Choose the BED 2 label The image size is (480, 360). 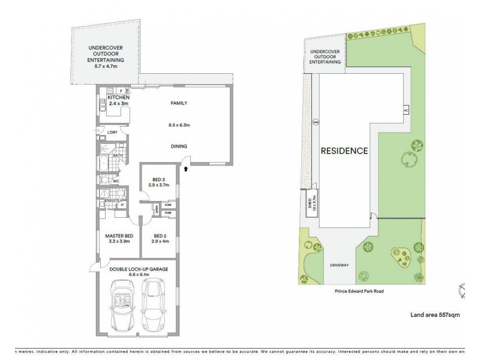[x=159, y=235]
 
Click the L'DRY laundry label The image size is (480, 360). [x=112, y=132]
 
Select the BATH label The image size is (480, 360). [x=118, y=155]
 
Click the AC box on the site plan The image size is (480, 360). [x=406, y=111]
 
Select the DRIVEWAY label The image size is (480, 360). [x=340, y=265]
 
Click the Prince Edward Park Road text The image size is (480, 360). [x=359, y=291]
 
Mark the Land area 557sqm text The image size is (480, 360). [x=435, y=314]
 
